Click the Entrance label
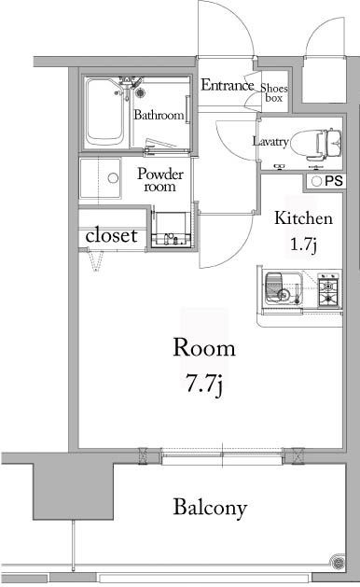point(228,86)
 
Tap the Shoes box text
point(273,90)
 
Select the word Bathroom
point(158,117)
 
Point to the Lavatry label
point(270,142)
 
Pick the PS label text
point(334,181)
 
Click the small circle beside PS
point(316,181)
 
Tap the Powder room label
point(160,179)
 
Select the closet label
point(112,236)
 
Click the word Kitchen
point(302,219)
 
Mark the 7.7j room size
point(204,383)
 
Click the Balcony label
point(210,509)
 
